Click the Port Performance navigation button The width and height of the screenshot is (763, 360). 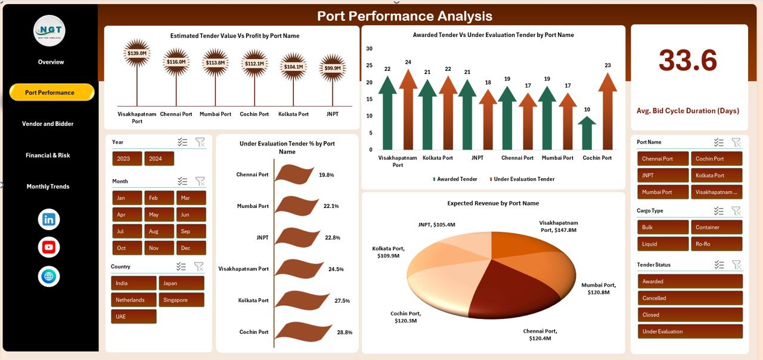52,92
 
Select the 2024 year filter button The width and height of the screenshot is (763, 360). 159,159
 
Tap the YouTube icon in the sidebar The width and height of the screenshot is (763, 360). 49,247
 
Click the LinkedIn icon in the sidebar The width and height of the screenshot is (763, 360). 49,219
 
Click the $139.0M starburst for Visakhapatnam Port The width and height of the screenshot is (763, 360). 137,54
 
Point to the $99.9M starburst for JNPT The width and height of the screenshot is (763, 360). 333,68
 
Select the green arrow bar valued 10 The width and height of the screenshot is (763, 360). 588,132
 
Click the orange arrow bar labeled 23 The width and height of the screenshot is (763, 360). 607,110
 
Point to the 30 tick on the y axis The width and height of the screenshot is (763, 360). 370,49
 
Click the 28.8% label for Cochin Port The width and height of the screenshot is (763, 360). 344,332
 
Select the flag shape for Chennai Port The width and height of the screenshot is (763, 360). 294,174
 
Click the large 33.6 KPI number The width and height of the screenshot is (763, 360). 688,60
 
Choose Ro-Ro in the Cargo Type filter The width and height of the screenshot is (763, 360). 717,244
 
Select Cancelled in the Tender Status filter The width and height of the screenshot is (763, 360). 690,298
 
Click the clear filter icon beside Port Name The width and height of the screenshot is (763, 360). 736,142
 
